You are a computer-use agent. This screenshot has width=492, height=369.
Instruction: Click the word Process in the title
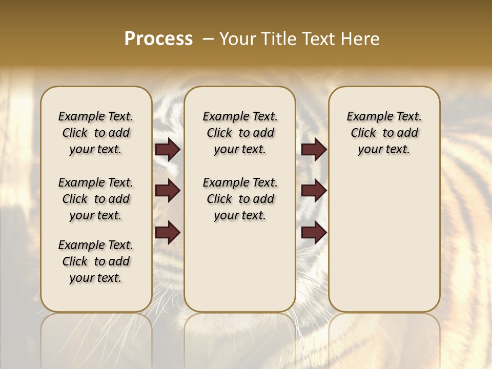(158, 39)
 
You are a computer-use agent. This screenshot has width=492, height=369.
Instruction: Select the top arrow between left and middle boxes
(168, 150)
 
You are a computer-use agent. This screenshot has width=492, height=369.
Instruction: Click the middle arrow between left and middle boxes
(168, 191)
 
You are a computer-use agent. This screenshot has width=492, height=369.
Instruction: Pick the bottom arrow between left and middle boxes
(168, 232)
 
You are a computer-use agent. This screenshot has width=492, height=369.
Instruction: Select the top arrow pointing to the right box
(314, 150)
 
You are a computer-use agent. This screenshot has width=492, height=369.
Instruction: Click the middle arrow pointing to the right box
(314, 191)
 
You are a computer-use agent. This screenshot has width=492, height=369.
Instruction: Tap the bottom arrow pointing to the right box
(314, 233)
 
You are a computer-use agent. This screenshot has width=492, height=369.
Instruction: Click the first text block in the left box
(96, 133)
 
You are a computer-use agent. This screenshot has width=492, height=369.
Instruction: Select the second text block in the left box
(96, 199)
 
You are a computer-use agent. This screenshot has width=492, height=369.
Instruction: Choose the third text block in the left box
(96, 261)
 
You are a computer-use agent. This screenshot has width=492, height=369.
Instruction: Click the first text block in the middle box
(240, 133)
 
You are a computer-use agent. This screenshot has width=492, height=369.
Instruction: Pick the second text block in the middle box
(240, 199)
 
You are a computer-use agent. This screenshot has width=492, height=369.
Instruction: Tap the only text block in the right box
(384, 133)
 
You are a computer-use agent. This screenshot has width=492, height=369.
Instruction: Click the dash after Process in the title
(208, 39)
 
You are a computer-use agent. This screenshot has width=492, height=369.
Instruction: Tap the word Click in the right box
(363, 133)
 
